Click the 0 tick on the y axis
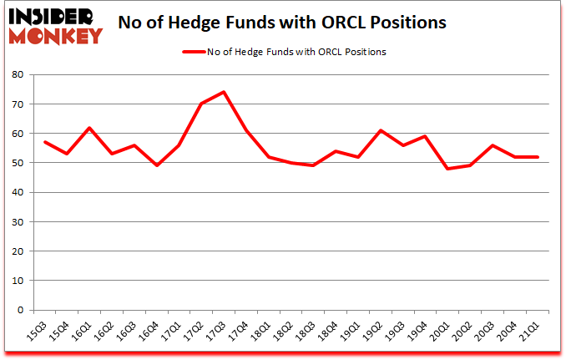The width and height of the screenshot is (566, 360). click(x=19, y=310)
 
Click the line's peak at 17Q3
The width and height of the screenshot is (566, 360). click(x=225, y=92)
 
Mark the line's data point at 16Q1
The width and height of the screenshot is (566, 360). click(x=89, y=128)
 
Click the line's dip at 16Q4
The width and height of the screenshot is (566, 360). click(x=157, y=165)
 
